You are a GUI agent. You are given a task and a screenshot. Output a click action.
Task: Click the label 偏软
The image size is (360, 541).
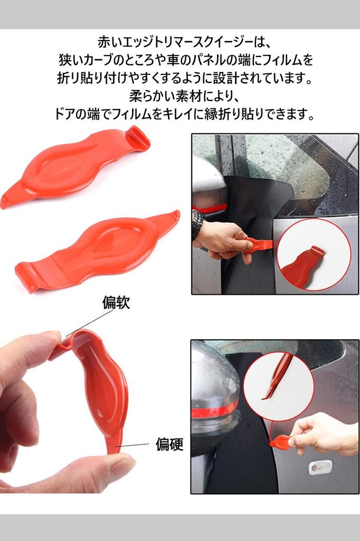pos(116,303)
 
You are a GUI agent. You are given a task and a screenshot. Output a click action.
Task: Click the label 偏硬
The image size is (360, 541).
pos(169,445)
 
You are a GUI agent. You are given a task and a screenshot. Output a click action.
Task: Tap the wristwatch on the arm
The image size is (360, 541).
pos(197,223)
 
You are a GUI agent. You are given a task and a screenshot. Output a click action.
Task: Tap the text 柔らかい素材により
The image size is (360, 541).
pos(180,96)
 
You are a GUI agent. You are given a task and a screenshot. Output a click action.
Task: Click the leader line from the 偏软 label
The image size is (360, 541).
pos(90,323)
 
